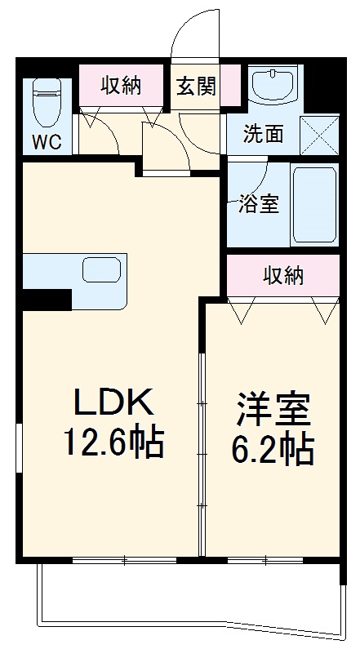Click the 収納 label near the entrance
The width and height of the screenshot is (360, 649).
(x=121, y=86)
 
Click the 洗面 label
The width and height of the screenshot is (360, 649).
(x=264, y=133)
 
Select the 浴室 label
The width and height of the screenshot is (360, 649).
(x=259, y=204)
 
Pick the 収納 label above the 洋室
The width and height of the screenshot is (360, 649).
(x=283, y=276)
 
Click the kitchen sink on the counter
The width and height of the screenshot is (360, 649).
(x=101, y=269)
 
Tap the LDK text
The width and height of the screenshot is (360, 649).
(x=114, y=402)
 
